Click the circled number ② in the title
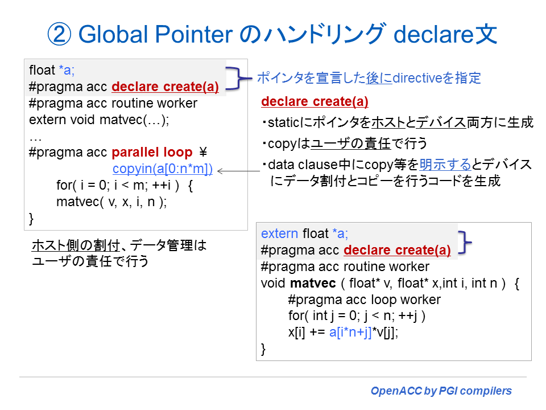click(x=60, y=35)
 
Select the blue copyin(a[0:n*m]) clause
click(x=163, y=169)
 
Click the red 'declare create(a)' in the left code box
click(x=166, y=87)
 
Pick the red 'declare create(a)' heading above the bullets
click(x=315, y=102)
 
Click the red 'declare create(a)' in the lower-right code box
click(x=398, y=250)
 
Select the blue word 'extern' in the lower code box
click(x=279, y=233)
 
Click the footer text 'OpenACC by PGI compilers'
click(x=441, y=391)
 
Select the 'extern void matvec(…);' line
click(x=100, y=120)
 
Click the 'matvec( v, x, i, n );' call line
click(x=111, y=202)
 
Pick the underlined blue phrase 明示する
click(x=445, y=165)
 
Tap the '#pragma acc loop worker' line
click(x=364, y=300)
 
